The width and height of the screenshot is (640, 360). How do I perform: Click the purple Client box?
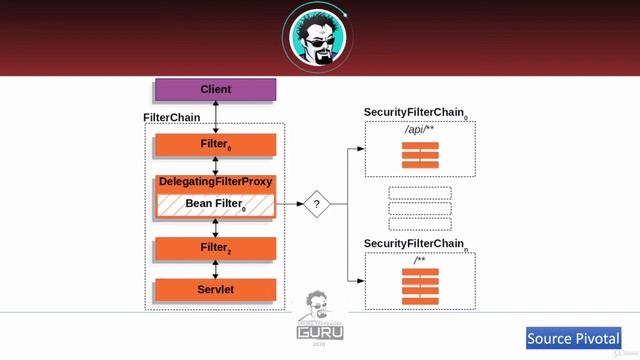(x=215, y=90)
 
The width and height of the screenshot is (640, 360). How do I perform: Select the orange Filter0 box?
(x=215, y=145)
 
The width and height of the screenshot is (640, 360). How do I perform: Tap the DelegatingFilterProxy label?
(x=215, y=182)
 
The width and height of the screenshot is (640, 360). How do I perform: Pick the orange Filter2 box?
(x=215, y=247)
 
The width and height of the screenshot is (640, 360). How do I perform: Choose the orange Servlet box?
(x=215, y=291)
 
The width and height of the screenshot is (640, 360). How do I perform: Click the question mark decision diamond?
(x=317, y=204)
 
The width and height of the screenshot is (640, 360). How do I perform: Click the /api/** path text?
(x=420, y=130)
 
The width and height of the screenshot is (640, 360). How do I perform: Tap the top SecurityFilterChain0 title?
(x=414, y=113)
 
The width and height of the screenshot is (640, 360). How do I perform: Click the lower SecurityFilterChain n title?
(x=414, y=244)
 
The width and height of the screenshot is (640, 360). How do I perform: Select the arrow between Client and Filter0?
(x=215, y=116)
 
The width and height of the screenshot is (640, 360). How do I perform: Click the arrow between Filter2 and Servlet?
(x=215, y=269)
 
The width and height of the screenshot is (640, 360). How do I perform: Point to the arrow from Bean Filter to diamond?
(x=289, y=204)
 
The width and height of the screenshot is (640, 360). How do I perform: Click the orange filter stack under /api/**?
(x=420, y=155)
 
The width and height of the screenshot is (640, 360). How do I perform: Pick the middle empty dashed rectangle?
(x=420, y=209)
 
